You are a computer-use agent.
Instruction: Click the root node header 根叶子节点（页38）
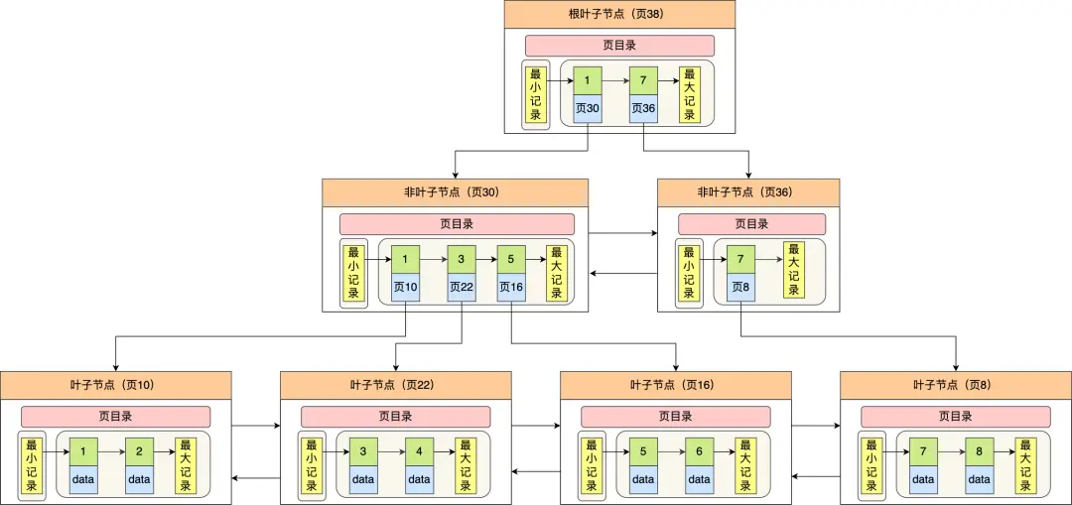(x=619, y=14)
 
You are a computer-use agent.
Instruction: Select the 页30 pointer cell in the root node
(x=587, y=108)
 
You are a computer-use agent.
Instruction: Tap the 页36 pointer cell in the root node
(x=643, y=108)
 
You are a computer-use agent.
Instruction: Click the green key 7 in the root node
(x=643, y=79)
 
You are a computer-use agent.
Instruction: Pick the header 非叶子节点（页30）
(x=455, y=191)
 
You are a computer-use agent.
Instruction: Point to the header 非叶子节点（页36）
(x=747, y=191)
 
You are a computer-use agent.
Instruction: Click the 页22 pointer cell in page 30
(x=462, y=288)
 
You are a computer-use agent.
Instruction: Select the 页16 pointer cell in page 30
(x=510, y=288)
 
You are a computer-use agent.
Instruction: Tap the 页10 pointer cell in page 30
(x=405, y=288)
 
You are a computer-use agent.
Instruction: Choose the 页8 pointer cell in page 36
(x=740, y=288)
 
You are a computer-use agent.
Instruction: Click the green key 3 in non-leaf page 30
(x=462, y=259)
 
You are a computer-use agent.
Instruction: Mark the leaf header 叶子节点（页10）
(x=115, y=384)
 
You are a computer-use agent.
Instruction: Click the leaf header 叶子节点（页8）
(x=956, y=384)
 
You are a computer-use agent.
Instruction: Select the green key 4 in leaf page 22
(x=419, y=451)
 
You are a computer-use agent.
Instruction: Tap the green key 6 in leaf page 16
(x=699, y=451)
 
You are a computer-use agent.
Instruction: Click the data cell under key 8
(x=979, y=480)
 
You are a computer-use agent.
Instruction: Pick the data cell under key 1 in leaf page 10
(x=83, y=480)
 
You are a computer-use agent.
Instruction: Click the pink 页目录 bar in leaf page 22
(x=395, y=417)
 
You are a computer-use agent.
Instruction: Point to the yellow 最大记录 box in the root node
(x=689, y=94)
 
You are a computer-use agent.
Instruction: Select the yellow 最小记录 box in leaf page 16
(x=591, y=465)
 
